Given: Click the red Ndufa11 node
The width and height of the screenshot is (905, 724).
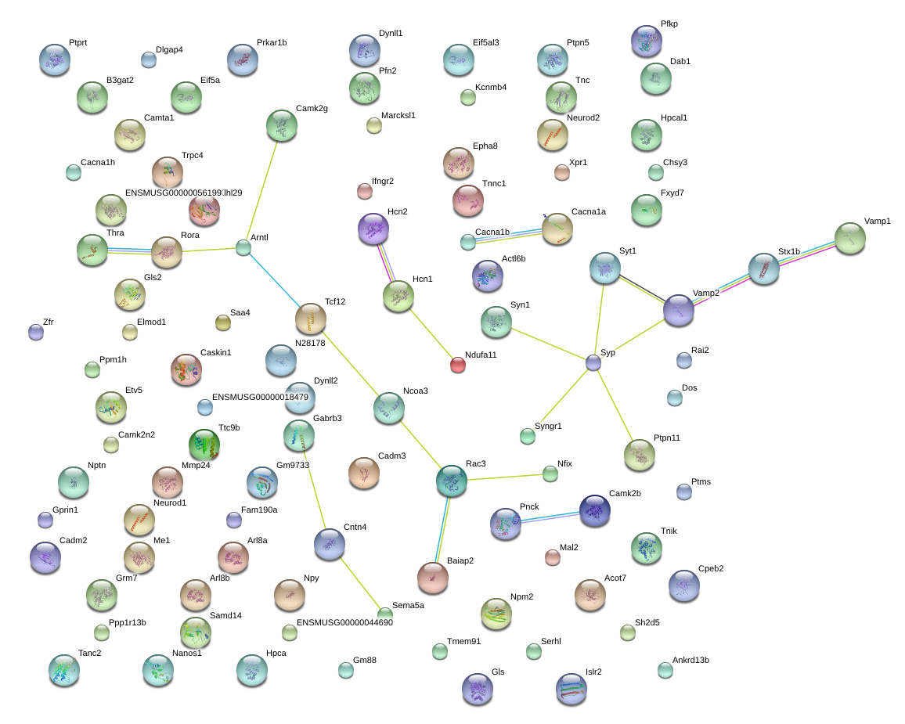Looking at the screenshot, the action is pos(458,365).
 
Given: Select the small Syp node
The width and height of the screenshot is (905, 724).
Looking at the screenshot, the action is pos(593,362).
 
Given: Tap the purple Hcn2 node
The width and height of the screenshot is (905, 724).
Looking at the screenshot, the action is pos(373,229).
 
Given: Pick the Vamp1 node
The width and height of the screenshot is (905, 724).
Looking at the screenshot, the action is pos(850,238).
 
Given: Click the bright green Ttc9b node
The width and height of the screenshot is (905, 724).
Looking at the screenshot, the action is pos(204,445).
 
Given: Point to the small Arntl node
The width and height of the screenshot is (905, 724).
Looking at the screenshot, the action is pos(243,248).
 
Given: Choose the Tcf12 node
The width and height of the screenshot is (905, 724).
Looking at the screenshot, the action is pos(311,319).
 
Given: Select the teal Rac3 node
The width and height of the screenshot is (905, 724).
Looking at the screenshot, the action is pos(452,481).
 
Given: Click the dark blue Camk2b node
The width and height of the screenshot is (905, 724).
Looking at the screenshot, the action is pos(594,510).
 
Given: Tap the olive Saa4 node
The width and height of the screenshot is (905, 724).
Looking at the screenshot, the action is pos(223,322).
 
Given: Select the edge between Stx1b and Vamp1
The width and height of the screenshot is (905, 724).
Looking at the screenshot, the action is pos(807,254).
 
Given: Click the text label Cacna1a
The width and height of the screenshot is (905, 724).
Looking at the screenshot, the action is pos(589,211).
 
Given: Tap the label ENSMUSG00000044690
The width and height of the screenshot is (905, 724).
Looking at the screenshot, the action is pos(344,622).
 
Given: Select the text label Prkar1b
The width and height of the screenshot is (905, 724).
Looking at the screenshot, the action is pos(272,43).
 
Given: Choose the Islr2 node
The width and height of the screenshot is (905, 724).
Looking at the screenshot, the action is pos(571,689).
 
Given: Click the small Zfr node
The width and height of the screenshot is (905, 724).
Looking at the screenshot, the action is pos(36,332).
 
